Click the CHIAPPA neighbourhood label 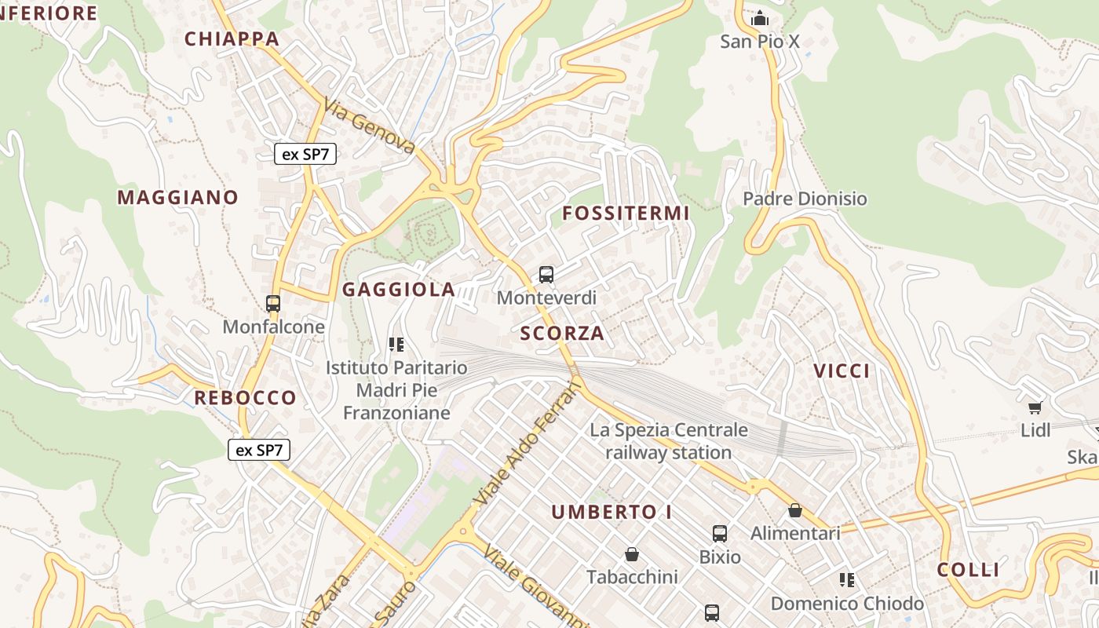(232, 38)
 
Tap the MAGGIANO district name (177, 197)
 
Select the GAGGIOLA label (399, 290)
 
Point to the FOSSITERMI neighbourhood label (626, 213)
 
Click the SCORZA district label (562, 333)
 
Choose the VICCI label (842, 371)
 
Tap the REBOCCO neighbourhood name (245, 397)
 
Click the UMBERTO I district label (612, 513)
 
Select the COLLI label (968, 570)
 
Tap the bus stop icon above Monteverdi (546, 275)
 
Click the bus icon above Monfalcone (273, 303)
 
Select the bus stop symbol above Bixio (720, 534)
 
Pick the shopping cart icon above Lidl (1035, 407)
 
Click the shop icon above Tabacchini (632, 554)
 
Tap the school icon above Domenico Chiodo (846, 580)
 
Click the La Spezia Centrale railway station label (669, 441)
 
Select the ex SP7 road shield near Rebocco (259, 450)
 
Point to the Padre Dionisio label (805, 199)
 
